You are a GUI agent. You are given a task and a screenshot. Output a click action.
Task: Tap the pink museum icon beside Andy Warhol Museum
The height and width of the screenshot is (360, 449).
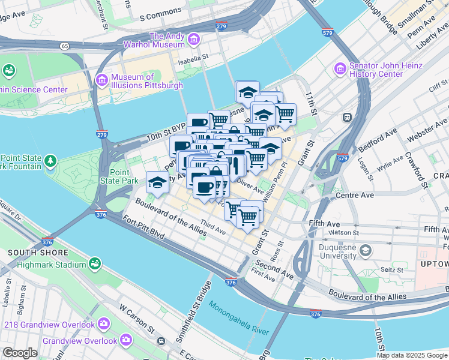coord(193,40)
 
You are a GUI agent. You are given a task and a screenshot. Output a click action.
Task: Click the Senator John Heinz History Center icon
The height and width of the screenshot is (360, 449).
coord(340,70)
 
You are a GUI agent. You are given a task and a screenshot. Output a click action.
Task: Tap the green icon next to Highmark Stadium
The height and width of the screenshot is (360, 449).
coord(94,263)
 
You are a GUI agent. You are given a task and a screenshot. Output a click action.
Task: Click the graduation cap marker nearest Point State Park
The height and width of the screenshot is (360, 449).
coord(157,182)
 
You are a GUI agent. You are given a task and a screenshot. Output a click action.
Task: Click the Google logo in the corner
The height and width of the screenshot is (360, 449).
coord(19,353)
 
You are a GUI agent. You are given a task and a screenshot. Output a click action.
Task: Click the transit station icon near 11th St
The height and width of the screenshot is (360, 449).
coord(347,118)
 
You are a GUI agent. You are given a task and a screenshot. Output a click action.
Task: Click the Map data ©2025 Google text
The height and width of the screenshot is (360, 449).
coord(412,355)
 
